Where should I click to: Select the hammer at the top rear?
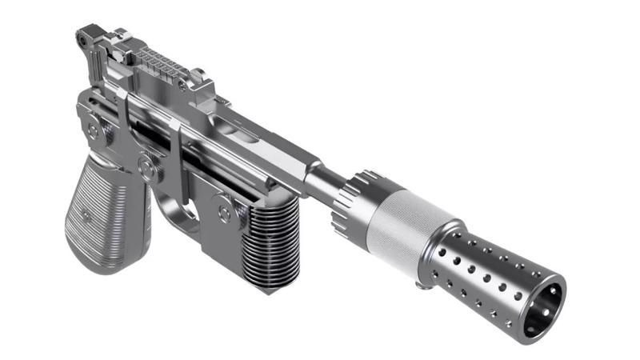pyautogui.click(x=87, y=36)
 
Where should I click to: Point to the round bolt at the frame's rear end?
pyautogui.click(x=94, y=129)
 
